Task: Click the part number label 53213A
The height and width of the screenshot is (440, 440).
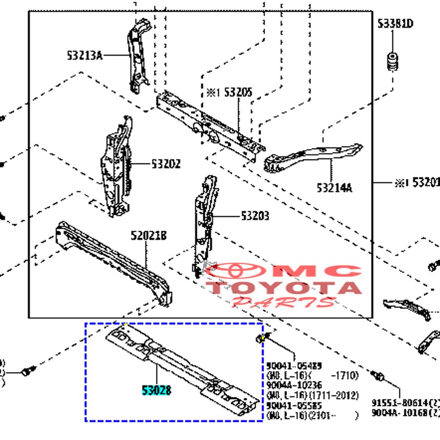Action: click(85, 56)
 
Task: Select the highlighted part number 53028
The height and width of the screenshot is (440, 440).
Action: click(156, 391)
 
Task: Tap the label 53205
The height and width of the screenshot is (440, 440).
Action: click(238, 92)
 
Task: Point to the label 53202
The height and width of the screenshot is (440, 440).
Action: click(158, 164)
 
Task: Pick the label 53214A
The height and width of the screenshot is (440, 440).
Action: click(334, 187)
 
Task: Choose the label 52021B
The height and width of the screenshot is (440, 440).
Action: click(149, 237)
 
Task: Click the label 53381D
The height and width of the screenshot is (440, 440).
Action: click(395, 24)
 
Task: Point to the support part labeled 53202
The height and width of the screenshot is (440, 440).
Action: click(116, 166)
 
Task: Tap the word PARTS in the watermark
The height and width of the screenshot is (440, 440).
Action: click(284, 301)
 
